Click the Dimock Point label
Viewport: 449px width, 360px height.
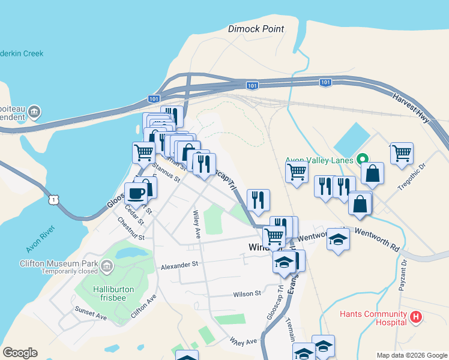pyautogui.click(x=256, y=29)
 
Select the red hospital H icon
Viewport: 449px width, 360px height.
pyautogui.click(x=415, y=316)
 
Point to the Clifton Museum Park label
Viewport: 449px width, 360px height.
pyautogui.click(x=58, y=263)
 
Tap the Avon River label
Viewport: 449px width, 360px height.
pyautogui.click(x=41, y=239)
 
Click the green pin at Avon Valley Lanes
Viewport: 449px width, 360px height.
pyautogui.click(x=362, y=160)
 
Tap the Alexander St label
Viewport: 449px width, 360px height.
pyautogui.click(x=179, y=265)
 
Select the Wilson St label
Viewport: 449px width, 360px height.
pyautogui.click(x=247, y=294)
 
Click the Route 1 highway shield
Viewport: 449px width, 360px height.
pyautogui.click(x=54, y=199)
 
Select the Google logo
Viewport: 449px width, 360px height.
pyautogui.click(x=20, y=353)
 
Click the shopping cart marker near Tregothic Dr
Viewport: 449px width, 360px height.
pyautogui.click(x=401, y=152)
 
